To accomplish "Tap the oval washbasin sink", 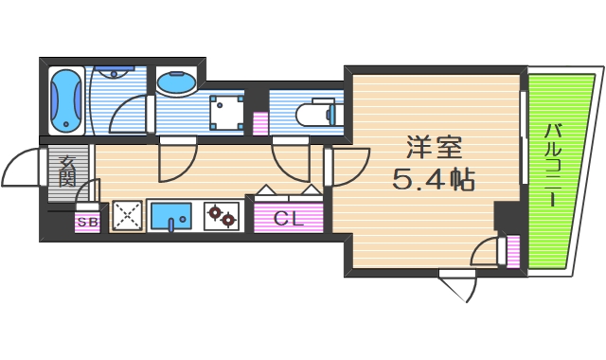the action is tap(177, 83).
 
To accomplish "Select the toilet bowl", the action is tap(312, 114).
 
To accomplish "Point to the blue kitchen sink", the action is tap(171, 217).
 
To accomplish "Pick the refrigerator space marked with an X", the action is tap(126, 217).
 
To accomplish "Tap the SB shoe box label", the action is tap(87, 223).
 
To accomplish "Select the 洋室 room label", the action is tap(435, 149).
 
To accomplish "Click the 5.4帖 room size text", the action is tap(435, 177).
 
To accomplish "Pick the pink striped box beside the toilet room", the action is tap(259, 122).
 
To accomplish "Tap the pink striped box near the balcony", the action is tap(513, 253).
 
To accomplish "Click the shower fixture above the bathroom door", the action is tap(115, 72).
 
